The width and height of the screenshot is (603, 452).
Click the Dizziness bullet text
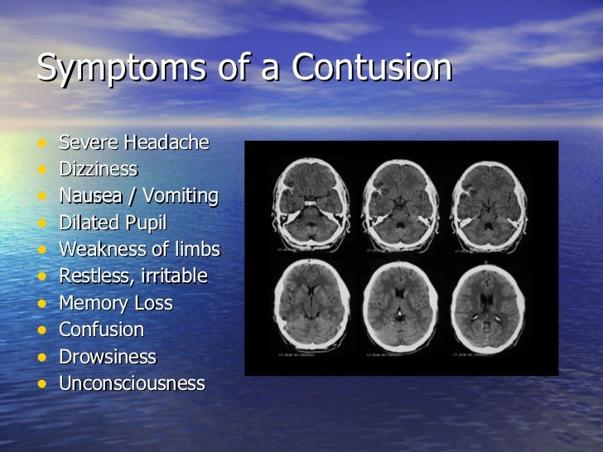pos(99,169)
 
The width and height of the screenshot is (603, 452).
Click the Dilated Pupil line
pos(113,223)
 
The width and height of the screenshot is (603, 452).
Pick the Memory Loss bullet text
pos(116,303)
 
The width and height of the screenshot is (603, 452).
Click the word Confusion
pos(102,329)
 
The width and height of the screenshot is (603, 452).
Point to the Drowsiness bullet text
pos(108,356)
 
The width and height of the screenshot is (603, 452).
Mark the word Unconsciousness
pos(132,383)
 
